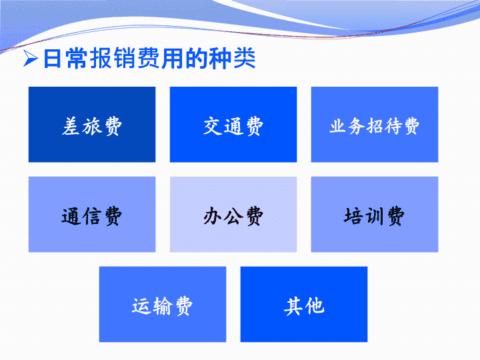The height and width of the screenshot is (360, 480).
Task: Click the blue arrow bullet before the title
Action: click(30, 58)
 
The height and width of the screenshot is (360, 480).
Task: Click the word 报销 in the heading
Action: click(113, 58)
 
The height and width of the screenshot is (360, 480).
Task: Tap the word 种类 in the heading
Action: click(232, 58)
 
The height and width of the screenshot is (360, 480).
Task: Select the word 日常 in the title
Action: click(67, 58)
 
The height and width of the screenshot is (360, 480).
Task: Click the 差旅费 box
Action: click(92, 124)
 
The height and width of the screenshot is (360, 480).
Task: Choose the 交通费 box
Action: click(233, 124)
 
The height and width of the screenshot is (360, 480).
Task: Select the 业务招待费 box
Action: click(375, 124)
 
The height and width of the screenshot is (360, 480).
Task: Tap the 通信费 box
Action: click(92, 214)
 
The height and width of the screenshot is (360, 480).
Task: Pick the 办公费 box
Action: click(233, 214)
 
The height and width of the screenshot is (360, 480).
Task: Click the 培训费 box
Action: click(375, 214)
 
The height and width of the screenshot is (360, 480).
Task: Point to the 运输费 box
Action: click(163, 304)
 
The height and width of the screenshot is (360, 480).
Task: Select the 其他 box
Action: click(304, 304)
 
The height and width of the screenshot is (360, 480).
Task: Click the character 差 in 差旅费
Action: click(71, 126)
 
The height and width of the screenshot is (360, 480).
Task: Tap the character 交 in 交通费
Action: click(213, 126)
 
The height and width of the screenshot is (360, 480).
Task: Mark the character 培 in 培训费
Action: click(353, 216)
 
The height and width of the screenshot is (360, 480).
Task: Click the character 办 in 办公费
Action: click(213, 216)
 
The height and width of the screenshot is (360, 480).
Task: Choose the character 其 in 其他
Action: click(293, 306)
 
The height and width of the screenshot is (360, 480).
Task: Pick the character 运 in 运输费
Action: click(141, 306)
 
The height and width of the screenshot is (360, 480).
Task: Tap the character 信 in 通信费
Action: click(92, 216)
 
